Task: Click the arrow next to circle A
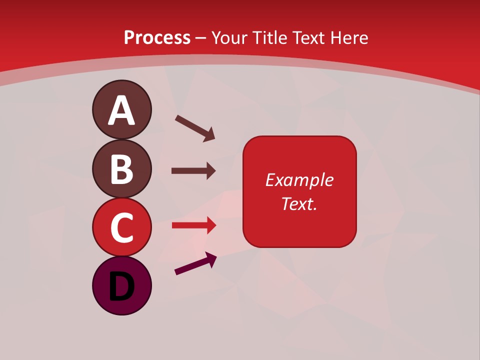coord(195,127)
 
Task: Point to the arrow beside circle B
coord(193,171)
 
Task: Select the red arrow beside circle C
coord(193,225)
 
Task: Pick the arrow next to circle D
coord(195,264)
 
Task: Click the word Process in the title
coord(157,38)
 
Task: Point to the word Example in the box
coord(299,180)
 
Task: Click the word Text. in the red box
coord(299,204)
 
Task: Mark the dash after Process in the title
coord(201,38)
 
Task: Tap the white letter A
coord(121,111)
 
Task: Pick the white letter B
coord(121,169)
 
